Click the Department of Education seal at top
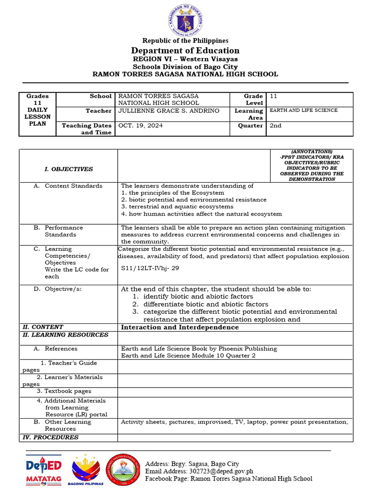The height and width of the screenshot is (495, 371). click(x=186, y=19)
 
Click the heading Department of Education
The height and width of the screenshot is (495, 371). click(x=185, y=51)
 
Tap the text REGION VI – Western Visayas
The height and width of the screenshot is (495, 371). click(x=185, y=59)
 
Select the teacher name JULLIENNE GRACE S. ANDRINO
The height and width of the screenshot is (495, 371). click(x=169, y=111)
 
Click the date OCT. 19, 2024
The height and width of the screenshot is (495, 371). click(x=141, y=125)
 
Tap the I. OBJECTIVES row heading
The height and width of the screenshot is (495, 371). click(x=69, y=169)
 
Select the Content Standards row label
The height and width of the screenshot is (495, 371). click(x=73, y=186)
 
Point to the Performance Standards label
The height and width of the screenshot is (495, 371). click(x=64, y=231)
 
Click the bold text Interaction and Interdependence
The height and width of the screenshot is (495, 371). click(x=180, y=327)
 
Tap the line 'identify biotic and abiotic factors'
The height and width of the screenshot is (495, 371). click(x=198, y=296)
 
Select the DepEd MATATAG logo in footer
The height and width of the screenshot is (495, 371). click(x=43, y=469)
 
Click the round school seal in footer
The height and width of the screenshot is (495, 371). click(x=123, y=470)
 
